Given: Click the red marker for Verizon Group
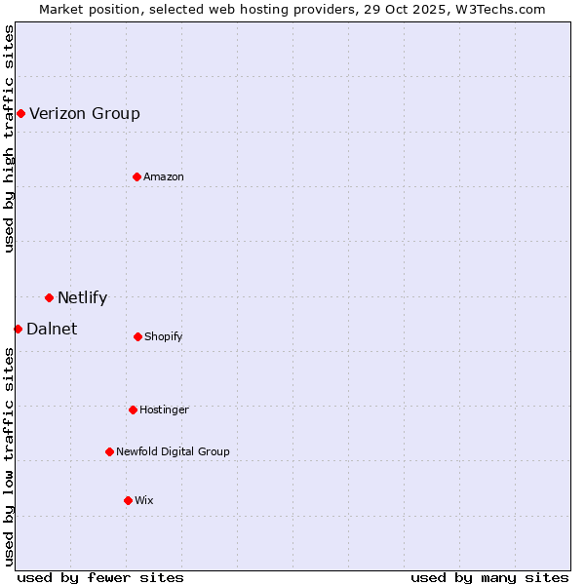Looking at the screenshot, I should (20, 114).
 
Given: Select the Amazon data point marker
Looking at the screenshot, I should (136, 176).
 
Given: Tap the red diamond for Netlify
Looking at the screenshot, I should (49, 297).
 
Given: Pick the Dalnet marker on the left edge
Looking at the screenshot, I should (18, 329).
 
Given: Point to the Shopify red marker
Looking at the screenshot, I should (137, 336).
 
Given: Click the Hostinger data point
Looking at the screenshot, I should (133, 409).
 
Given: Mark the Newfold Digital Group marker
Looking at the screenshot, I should (109, 451).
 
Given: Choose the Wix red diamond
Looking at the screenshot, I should (128, 500).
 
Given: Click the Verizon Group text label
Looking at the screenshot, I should (85, 114).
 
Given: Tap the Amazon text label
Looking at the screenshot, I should (164, 176).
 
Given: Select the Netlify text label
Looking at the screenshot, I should (82, 298).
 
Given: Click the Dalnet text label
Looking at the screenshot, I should (52, 330).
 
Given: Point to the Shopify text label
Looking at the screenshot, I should (164, 337).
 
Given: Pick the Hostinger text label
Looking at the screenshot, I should (164, 409).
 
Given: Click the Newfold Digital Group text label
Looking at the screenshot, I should (173, 451).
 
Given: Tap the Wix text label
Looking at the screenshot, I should (144, 500).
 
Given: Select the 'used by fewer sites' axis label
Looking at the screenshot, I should (100, 577).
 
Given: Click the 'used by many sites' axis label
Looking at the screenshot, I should (489, 577).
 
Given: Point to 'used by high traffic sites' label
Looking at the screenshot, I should (10, 138).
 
